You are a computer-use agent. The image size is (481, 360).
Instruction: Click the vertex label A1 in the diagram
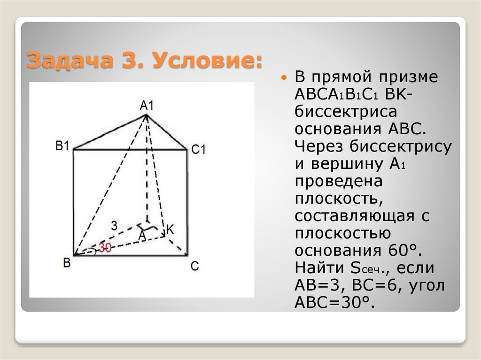coord(147,105)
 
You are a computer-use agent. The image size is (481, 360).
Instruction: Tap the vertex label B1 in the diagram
coord(62,146)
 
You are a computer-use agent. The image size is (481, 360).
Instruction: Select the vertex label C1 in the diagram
coord(199,150)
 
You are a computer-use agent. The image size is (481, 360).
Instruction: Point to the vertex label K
coord(170,230)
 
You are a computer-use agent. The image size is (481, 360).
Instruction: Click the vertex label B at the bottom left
coord(67,263)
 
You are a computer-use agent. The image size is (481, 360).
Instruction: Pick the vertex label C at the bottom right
coord(194,266)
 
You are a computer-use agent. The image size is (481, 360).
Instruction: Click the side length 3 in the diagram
coord(114,225)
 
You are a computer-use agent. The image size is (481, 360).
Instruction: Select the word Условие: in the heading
coord(208,61)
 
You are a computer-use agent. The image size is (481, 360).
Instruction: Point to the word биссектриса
coord(346,111)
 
